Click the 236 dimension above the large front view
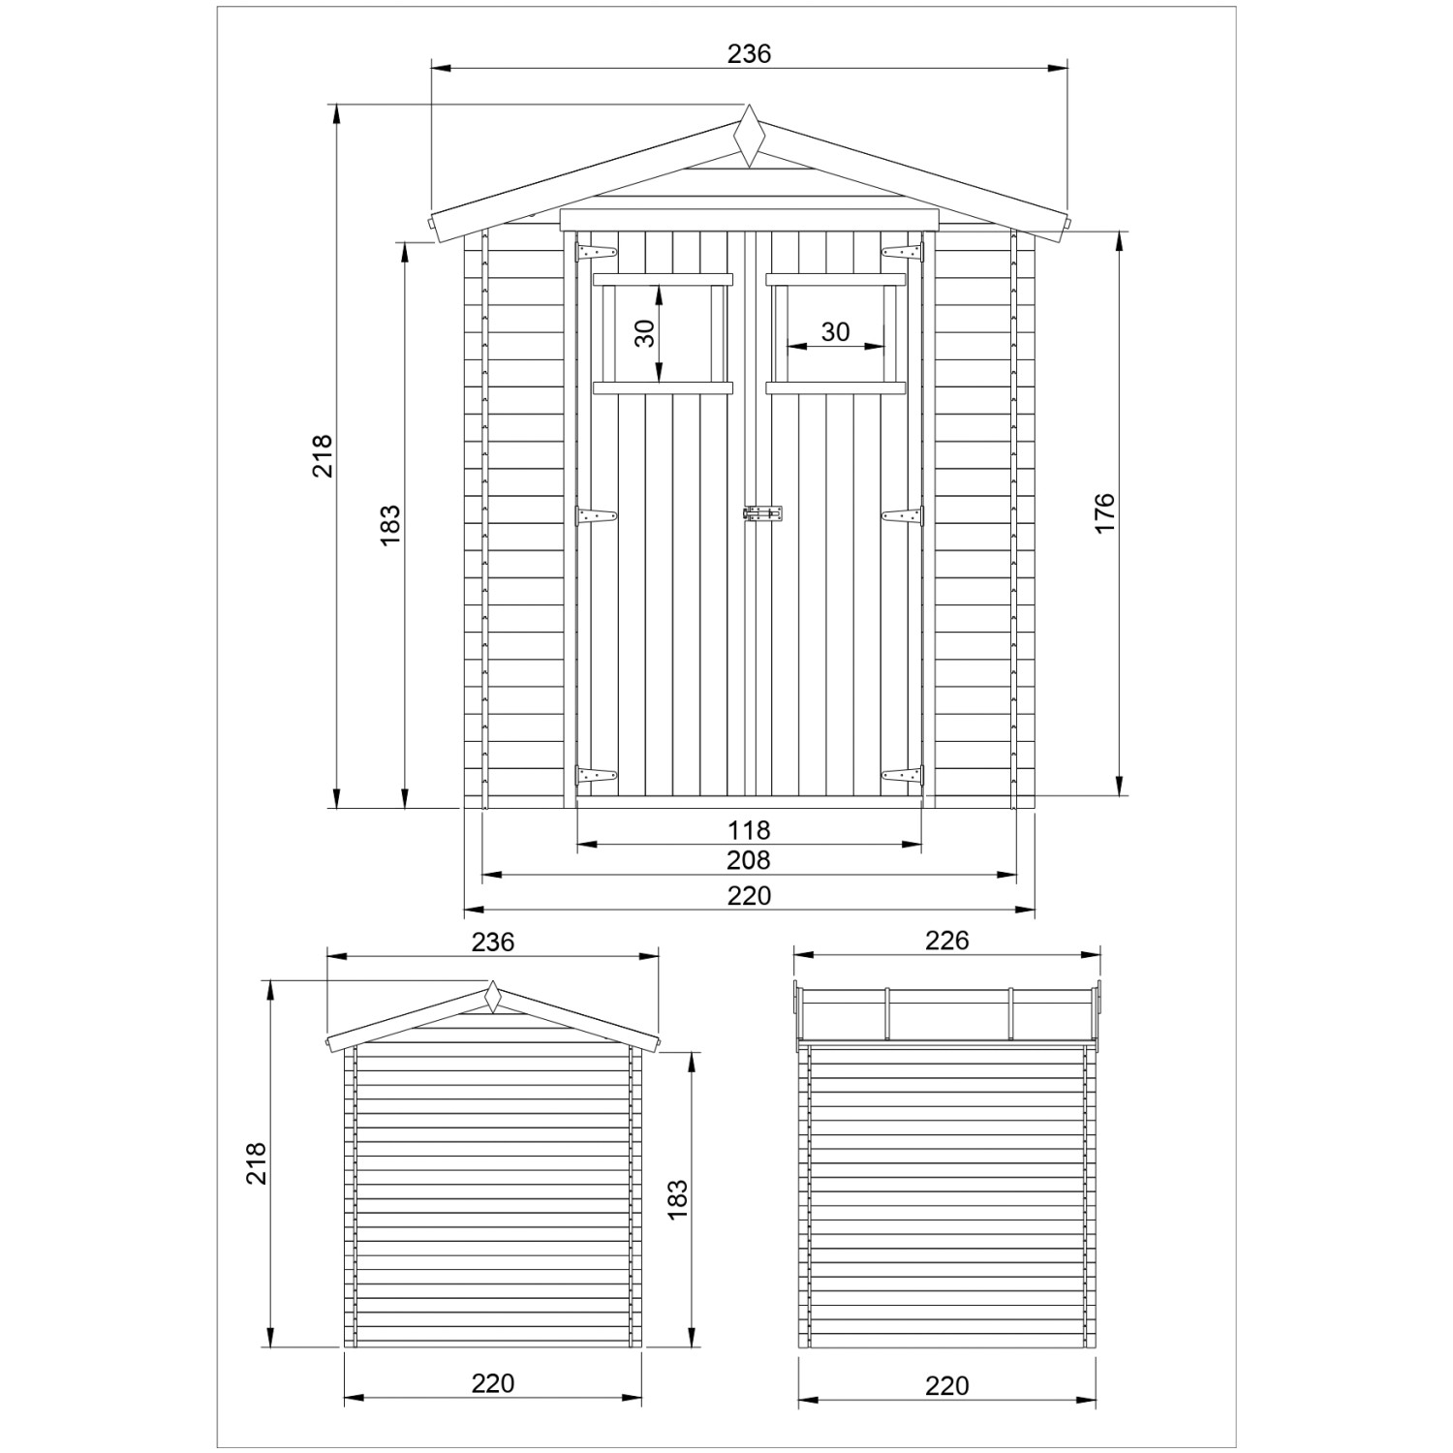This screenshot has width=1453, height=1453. (749, 54)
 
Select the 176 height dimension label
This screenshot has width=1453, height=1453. (1105, 512)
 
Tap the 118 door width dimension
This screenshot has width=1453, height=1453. (749, 830)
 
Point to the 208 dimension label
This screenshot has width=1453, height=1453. (749, 860)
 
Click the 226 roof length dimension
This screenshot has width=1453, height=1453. (946, 941)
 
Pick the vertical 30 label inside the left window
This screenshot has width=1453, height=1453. (645, 332)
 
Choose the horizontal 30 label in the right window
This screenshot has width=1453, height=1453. (835, 332)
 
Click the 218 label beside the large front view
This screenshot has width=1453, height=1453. (323, 455)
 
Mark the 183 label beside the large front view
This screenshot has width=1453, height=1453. (390, 524)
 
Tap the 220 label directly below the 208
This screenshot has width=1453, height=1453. (749, 895)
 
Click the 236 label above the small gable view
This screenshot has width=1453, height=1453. (492, 942)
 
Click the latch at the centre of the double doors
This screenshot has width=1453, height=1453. (762, 514)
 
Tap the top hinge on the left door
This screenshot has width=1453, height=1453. (596, 253)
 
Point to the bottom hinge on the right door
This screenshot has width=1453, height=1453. (902, 775)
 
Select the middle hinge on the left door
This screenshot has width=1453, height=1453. (596, 516)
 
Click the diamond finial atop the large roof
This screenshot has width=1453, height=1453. (749, 137)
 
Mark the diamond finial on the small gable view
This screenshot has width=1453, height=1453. (493, 997)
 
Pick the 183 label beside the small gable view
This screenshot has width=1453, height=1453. (678, 1198)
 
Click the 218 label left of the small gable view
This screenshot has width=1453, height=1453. (256, 1163)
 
